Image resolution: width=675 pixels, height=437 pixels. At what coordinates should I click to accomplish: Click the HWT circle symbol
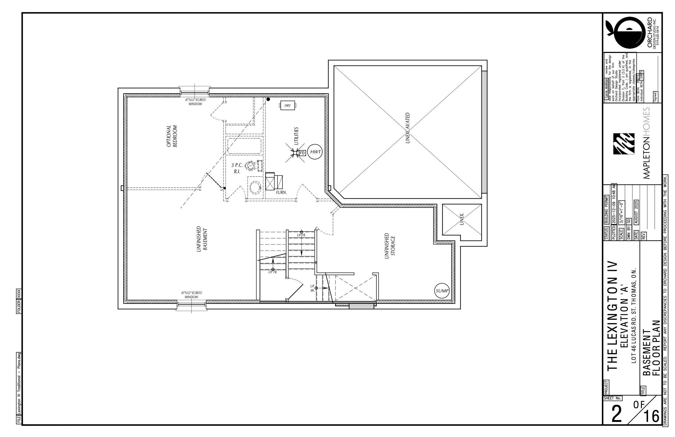tap(315, 152)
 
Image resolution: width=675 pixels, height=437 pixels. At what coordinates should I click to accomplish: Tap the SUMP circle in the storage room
tap(442, 291)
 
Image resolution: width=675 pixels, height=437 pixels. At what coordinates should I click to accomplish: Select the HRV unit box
tap(287, 106)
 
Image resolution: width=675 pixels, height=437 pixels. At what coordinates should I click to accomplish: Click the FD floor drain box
tap(302, 153)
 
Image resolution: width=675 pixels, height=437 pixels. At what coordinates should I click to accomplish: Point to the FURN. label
tap(281, 192)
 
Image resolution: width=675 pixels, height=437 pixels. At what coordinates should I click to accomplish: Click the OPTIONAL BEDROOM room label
tap(172, 136)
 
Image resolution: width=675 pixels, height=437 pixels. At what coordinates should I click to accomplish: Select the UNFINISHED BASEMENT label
tap(202, 239)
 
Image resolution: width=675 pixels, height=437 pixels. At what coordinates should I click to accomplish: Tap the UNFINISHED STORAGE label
tap(390, 246)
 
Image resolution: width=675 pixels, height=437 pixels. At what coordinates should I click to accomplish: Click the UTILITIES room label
tap(296, 136)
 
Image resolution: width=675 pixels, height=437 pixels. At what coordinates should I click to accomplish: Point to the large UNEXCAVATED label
tap(408, 128)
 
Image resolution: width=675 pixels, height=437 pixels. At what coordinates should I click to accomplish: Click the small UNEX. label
tap(462, 219)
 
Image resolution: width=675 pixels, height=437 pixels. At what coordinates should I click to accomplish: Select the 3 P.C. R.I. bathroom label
tap(237, 168)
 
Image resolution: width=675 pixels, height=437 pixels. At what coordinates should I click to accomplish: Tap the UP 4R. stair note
tap(312, 288)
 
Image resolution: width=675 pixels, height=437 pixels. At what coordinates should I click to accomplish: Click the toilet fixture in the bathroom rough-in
tap(251, 166)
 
